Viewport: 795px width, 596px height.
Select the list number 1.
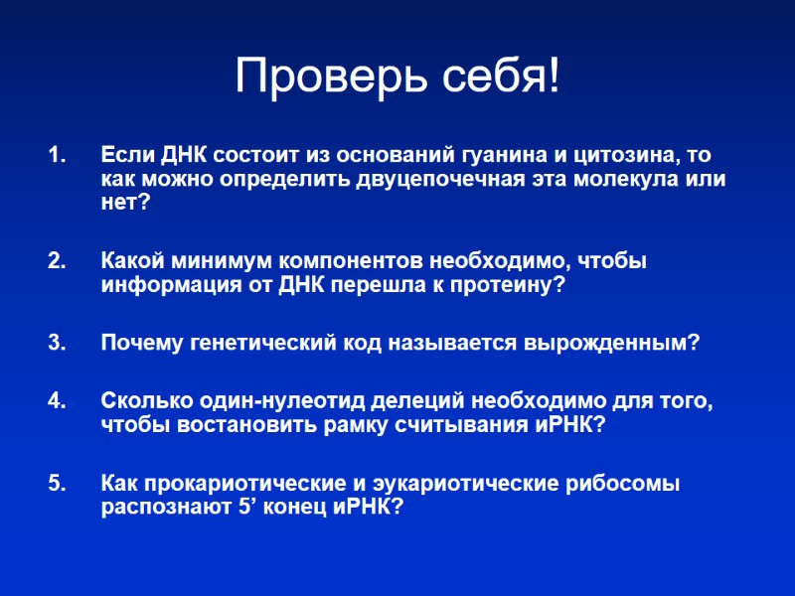pos(56,156)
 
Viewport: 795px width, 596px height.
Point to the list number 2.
pos(56,261)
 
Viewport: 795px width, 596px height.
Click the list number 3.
pos(56,343)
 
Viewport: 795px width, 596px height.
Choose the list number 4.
pos(56,401)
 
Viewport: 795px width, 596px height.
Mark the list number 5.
pos(56,484)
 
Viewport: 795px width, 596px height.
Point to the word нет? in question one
pos(125,204)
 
